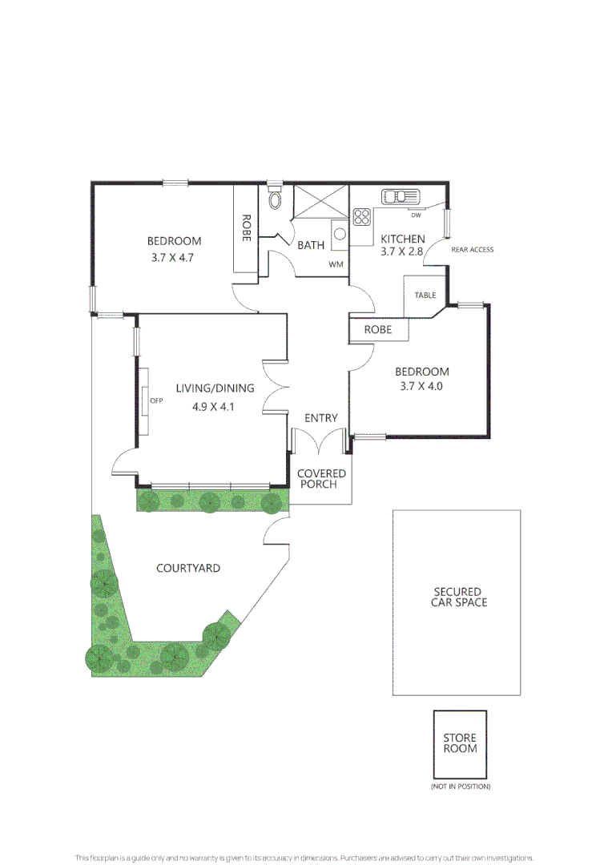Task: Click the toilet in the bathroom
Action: (x=275, y=199)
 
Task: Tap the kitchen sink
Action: (x=397, y=196)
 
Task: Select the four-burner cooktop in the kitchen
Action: (x=362, y=216)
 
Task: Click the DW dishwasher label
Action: (x=416, y=215)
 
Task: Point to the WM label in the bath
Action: (x=335, y=264)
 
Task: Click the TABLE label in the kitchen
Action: (x=425, y=296)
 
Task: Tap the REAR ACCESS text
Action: (x=473, y=250)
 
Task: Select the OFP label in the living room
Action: (x=157, y=401)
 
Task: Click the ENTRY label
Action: (x=321, y=418)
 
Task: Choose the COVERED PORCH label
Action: (x=321, y=479)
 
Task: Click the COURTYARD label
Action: (x=188, y=568)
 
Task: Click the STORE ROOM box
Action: (x=460, y=743)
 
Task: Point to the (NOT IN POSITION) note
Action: (x=460, y=787)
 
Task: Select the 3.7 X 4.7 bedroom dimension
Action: (x=173, y=258)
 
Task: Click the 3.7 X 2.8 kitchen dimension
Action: (x=402, y=251)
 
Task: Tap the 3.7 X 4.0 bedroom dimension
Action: (x=421, y=386)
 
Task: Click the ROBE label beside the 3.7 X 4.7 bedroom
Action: (x=247, y=228)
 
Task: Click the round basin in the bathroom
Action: (x=340, y=234)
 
